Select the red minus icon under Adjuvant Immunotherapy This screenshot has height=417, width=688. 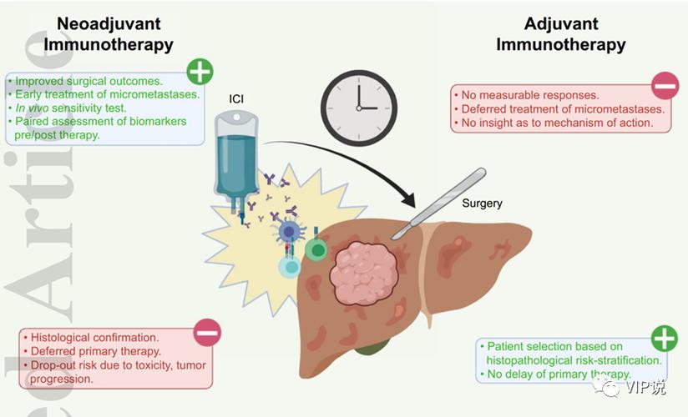665,84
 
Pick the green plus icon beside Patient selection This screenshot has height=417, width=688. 664,338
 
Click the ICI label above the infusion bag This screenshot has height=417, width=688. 237,99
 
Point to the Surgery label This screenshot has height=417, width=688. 482,203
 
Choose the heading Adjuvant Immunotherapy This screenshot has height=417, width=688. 560,34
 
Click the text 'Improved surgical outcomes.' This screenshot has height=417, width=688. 87,81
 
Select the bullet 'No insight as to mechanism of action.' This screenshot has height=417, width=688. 551,123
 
